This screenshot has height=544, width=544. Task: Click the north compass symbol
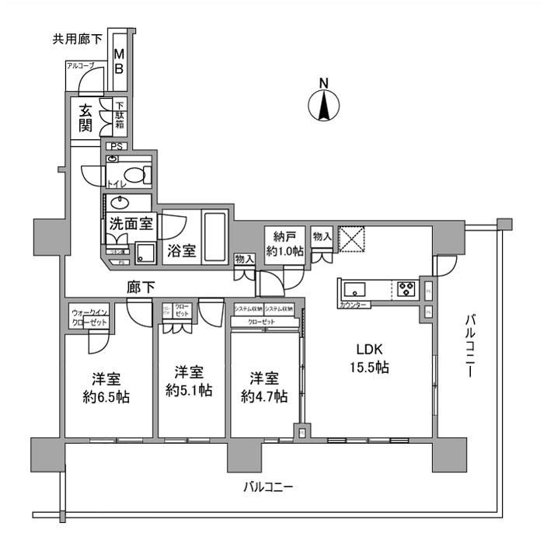[x=325, y=103]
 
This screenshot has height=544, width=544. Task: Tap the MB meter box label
[x=119, y=61]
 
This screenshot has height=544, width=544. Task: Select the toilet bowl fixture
[x=138, y=176]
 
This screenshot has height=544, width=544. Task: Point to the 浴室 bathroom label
[x=180, y=252]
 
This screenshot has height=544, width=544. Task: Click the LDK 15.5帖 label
[x=369, y=357]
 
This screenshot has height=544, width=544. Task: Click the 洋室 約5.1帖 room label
[x=189, y=381]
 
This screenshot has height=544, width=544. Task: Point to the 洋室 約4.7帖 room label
[x=264, y=387]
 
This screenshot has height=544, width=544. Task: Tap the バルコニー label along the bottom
[x=267, y=487]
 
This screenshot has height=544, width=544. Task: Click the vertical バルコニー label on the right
[x=471, y=347]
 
